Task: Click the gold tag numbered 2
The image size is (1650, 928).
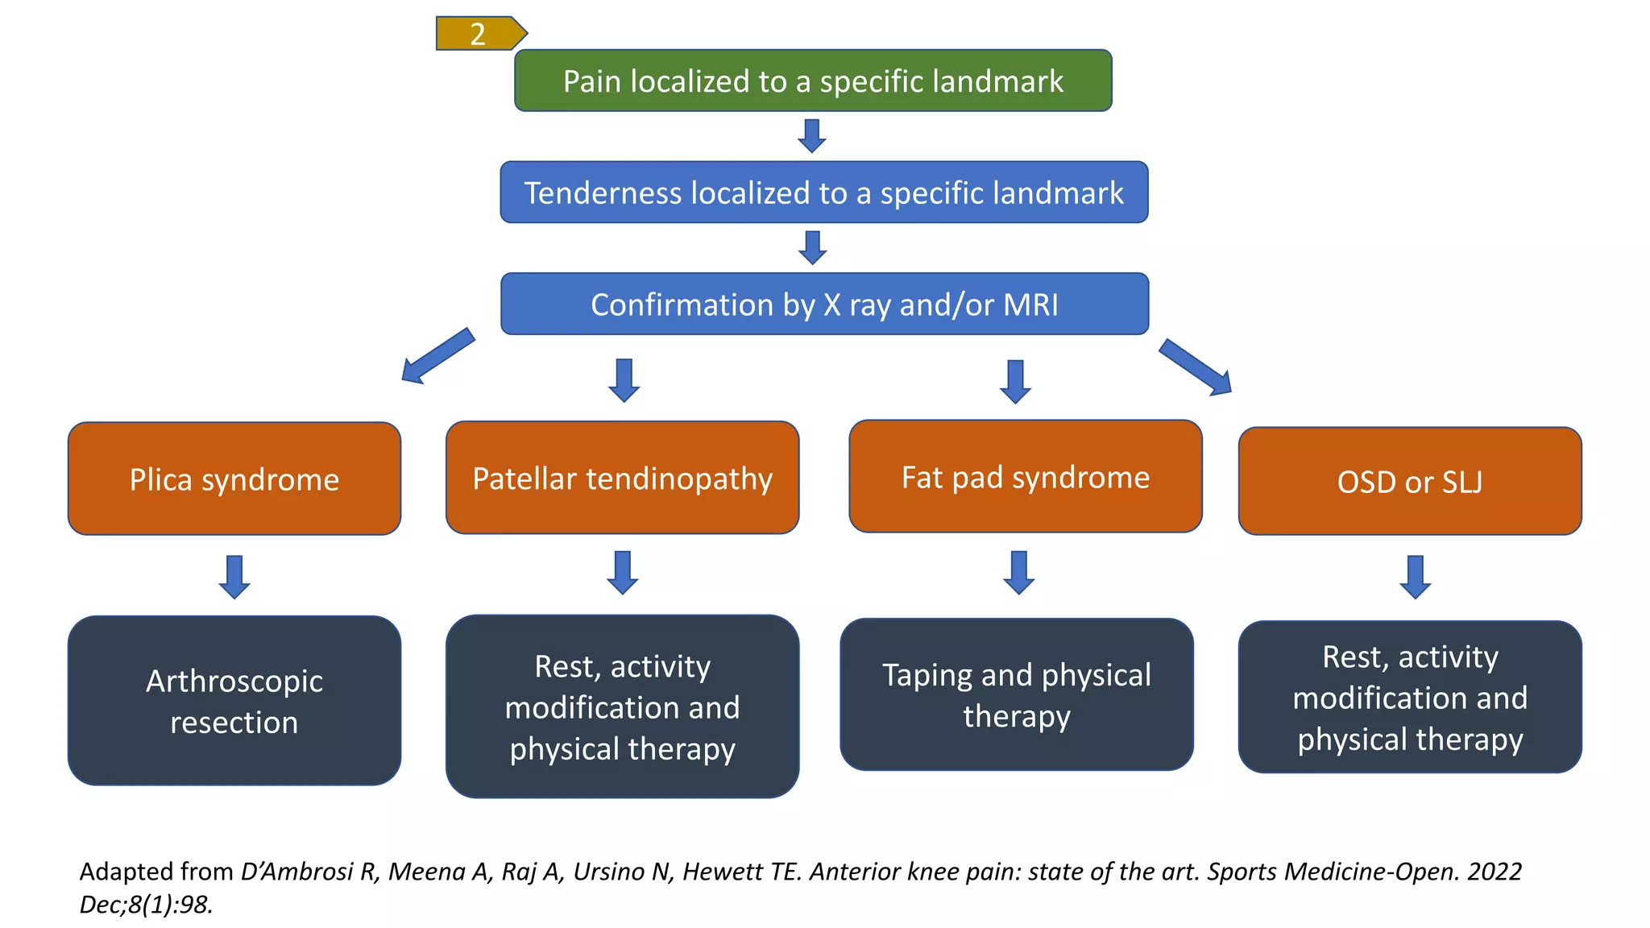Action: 479,34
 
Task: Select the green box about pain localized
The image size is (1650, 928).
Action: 813,81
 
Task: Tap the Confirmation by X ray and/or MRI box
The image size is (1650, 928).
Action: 824,304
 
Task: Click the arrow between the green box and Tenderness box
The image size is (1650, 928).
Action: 812,135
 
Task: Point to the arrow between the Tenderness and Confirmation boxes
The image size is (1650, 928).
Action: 812,247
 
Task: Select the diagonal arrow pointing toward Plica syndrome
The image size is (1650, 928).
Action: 437,355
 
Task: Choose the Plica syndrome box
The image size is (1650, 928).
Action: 234,479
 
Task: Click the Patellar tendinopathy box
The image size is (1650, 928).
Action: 622,478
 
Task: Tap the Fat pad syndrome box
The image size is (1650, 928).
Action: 1025,477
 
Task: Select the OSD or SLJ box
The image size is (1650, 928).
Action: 1409,482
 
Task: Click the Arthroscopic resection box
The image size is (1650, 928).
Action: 234,701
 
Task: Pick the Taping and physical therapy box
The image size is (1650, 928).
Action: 1016,694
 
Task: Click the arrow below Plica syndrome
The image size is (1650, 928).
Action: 234,577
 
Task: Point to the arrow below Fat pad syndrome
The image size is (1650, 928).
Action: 1019,573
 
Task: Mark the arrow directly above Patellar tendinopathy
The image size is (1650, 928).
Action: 624,380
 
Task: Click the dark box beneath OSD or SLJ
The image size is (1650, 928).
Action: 1409,697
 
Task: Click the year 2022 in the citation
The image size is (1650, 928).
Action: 1494,872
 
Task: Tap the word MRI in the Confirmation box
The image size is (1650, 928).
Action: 1030,305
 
